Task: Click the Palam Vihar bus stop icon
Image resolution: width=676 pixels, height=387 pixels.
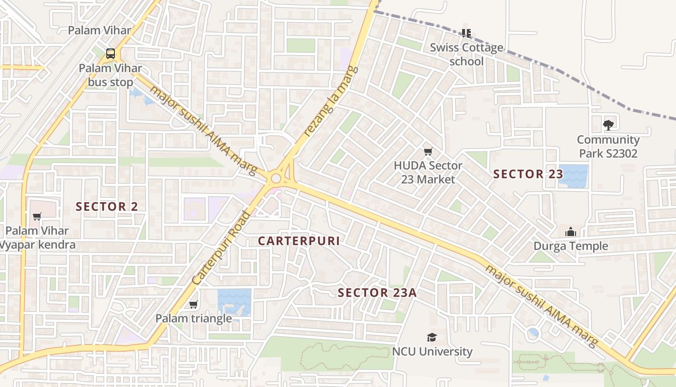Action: tap(111, 54)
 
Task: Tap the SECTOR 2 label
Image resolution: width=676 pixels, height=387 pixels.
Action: tap(107, 207)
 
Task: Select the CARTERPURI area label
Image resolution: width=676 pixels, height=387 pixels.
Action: tap(298, 241)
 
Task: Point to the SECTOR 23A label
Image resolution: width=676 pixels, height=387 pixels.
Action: tap(377, 293)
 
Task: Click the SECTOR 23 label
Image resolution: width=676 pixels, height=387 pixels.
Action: tap(528, 174)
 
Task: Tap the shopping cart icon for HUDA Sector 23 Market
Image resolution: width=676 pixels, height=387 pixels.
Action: tap(427, 151)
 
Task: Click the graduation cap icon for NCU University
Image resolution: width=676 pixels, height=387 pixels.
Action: tap(432, 337)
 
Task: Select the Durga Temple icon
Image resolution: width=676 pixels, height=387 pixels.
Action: tap(571, 232)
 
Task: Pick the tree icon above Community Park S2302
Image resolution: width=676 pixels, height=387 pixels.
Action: tap(608, 125)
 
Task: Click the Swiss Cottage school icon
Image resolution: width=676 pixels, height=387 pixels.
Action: tap(466, 33)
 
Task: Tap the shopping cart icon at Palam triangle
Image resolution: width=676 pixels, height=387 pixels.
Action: tap(194, 304)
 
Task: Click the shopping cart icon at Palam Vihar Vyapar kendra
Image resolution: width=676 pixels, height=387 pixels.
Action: tap(37, 216)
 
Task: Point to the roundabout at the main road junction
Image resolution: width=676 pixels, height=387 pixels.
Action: tap(276, 179)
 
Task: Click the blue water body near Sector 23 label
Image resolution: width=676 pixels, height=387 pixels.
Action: tap(573, 176)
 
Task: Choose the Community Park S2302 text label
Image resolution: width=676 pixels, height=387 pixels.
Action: tap(608, 147)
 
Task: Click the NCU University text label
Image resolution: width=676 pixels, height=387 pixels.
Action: tap(432, 351)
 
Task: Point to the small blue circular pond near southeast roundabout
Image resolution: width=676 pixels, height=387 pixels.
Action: tap(533, 333)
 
